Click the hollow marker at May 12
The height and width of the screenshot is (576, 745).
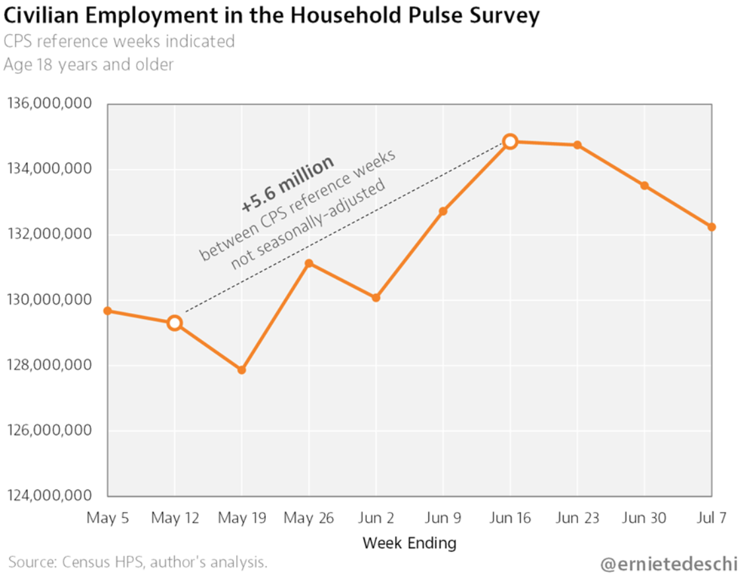pos(175,323)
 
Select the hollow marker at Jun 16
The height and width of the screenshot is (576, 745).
pos(510,141)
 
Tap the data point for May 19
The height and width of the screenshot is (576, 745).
pos(242,370)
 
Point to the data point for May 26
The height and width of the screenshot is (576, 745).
pos(309,264)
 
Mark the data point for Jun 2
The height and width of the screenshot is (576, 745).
pos(376,298)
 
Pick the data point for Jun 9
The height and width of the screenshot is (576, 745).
pos(443,211)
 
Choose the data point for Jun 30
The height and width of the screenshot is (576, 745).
pos(644,186)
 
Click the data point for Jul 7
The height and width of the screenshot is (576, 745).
pos(711,227)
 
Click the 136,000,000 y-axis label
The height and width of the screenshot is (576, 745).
pos(49,104)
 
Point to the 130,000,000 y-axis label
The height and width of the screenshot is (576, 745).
pos(49,301)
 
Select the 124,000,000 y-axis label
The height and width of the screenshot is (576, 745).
pos(49,496)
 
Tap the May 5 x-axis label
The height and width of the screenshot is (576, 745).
pos(108,518)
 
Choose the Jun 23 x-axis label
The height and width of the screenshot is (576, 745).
pos(577,518)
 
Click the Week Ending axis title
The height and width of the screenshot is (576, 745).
pos(409,544)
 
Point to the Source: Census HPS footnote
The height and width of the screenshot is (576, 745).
pos(138,563)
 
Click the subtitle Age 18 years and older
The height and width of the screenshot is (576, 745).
pos(88,65)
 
